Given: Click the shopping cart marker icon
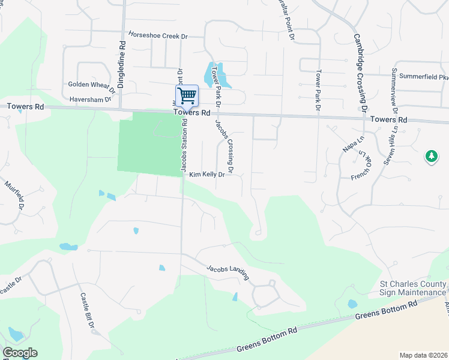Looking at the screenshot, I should point(187,95).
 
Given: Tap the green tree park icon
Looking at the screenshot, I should point(431,157).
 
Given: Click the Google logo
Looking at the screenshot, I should point(20,353).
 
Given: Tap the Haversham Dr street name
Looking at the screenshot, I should point(90,99).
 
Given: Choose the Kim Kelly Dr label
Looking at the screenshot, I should point(207,175).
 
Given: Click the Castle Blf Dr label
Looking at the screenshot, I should point(88,312).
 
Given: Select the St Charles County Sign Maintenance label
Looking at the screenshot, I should point(413,288).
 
